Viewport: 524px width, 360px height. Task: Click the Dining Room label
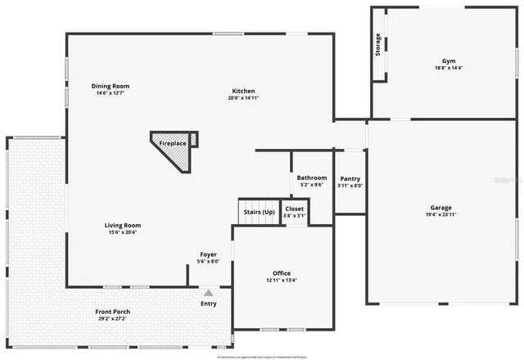pos(110,86)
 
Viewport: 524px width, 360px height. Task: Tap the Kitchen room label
pos(243,91)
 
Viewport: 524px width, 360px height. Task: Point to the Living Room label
pos(122,225)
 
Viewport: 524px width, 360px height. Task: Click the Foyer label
pos(209,254)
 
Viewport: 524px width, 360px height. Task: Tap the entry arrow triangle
pos(209,292)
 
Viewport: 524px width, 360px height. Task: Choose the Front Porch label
pos(112,312)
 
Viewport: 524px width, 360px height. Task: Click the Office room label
pos(282,273)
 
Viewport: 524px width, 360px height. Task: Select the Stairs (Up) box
pos(259,212)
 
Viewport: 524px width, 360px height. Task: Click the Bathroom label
pos(312,178)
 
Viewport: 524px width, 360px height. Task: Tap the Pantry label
pos(350,178)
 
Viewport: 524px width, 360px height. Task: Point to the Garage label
pos(441,208)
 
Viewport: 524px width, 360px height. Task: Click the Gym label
pos(449,61)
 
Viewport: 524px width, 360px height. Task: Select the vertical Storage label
pos(378,45)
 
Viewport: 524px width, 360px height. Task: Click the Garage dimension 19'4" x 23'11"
pos(441,215)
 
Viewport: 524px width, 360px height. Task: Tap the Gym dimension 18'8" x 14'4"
pos(449,69)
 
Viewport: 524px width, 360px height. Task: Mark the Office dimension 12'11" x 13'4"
pos(282,281)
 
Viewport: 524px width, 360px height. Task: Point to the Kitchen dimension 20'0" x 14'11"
pos(243,98)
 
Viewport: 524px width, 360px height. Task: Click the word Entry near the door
pos(209,304)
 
